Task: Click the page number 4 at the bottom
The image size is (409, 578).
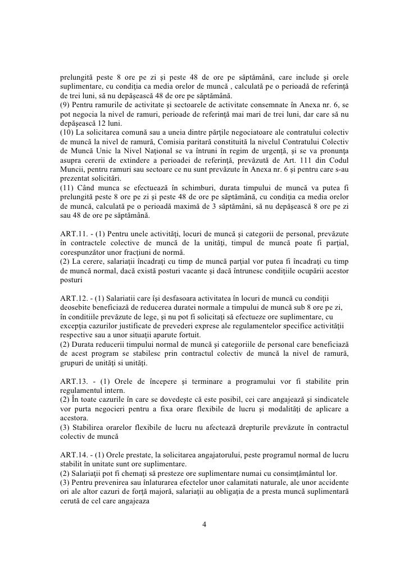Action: pos(204,525)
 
